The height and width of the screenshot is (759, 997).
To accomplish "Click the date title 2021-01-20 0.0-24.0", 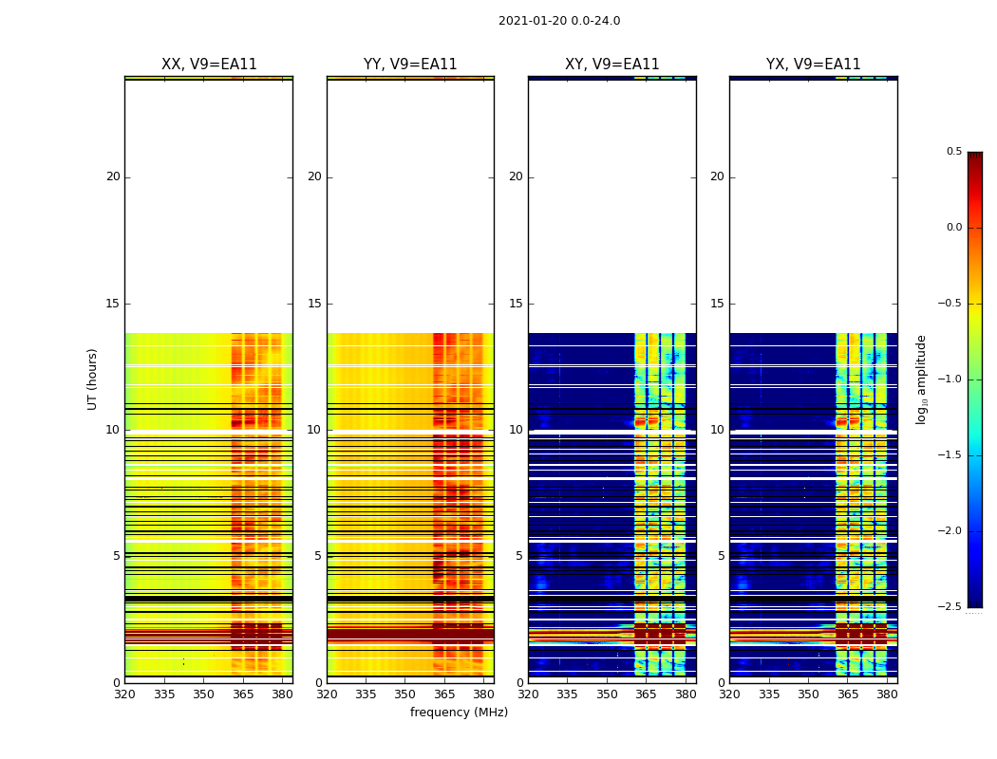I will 559,21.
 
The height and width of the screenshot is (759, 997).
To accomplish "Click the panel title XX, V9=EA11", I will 209,65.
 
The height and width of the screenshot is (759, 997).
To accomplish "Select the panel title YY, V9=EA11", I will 410,65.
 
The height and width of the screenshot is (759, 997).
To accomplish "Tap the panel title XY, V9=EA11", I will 612,65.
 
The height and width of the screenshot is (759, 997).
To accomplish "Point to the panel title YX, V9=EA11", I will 814,65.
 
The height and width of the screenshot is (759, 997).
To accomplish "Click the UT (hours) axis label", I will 92,379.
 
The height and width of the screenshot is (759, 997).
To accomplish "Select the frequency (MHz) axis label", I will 459,713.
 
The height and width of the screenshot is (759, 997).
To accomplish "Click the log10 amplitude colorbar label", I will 921,379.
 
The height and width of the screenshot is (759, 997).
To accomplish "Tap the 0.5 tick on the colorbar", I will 953,152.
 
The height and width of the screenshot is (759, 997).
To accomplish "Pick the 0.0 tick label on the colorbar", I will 953,228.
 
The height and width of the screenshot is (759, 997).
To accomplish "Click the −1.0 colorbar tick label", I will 950,379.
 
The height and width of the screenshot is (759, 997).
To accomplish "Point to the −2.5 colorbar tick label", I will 950,607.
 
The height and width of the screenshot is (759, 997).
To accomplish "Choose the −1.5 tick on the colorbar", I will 950,455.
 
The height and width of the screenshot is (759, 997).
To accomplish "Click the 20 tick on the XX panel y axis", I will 113,176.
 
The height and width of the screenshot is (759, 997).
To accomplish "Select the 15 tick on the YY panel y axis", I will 314,304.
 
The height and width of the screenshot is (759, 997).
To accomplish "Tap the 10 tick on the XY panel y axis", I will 516,430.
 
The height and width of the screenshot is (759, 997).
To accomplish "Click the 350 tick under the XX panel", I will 203,694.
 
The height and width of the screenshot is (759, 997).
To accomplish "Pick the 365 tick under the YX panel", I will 847,694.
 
